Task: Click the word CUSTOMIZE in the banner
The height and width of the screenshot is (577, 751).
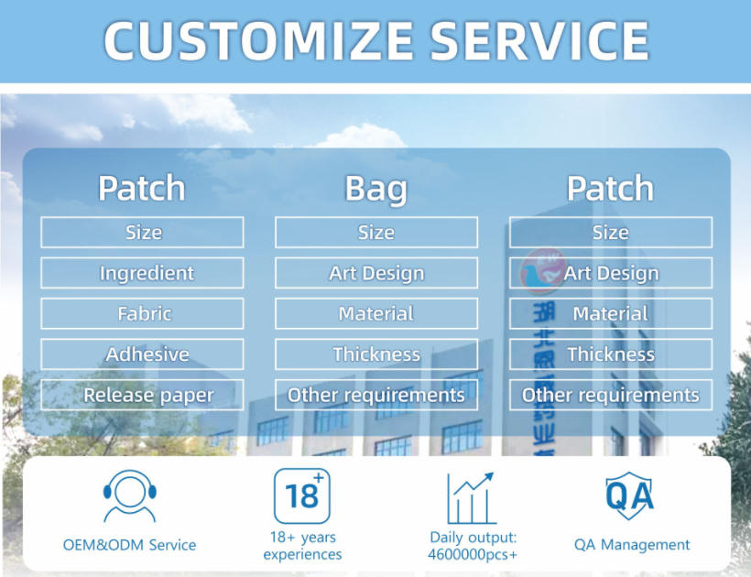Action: coord(257,40)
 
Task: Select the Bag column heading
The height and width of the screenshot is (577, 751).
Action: coord(375,189)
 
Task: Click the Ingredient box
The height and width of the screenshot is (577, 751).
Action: coord(142,273)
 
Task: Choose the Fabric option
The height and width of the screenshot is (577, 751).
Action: coord(142,313)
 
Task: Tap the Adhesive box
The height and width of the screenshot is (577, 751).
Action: coord(142,354)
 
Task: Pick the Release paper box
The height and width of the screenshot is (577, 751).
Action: coord(142,395)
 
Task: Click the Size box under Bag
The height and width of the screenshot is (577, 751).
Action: coord(375,233)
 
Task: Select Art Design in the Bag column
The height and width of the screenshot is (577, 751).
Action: coord(375,273)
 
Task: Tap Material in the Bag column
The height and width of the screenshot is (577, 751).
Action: coord(375,313)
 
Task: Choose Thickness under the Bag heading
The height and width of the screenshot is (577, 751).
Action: coord(375,354)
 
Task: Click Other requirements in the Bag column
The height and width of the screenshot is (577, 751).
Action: coord(375,395)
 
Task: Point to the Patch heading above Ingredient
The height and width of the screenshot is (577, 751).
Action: coord(142,189)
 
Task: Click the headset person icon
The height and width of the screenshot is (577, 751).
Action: coord(129,495)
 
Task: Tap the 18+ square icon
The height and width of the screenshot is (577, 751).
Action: coord(302,495)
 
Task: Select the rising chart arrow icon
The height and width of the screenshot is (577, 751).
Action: coord(472,497)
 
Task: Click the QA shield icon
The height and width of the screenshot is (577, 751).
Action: coord(630,495)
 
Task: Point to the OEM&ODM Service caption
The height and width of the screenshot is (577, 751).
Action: coord(129,545)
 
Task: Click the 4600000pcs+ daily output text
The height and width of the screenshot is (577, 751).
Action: coord(473,554)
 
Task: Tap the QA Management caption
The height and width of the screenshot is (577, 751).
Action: coord(632,545)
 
